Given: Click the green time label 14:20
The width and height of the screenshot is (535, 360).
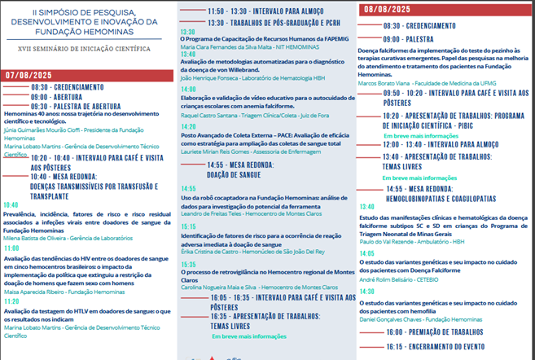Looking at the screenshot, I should (x=188, y=127).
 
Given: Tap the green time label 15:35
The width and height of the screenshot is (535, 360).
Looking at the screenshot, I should (x=188, y=265).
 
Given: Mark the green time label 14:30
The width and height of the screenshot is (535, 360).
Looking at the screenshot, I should (x=366, y=291).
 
